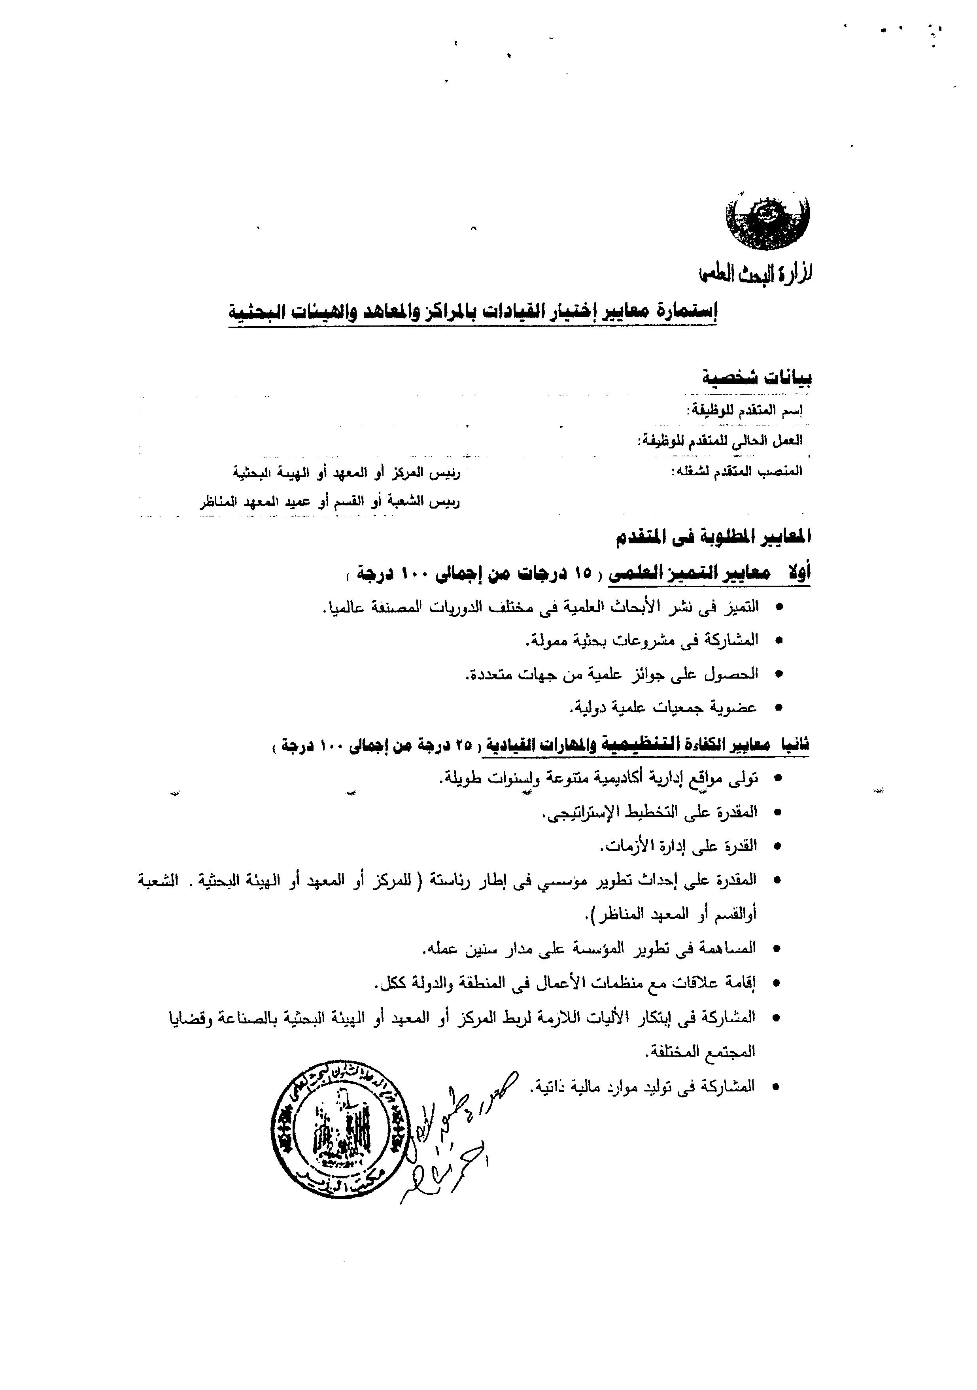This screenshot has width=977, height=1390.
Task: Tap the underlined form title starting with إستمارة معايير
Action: click(472, 311)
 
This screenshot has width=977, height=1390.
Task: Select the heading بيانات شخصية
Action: click(757, 378)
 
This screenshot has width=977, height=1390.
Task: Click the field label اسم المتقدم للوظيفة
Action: click(746, 410)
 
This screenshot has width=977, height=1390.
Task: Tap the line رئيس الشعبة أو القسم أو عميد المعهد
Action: click(330, 503)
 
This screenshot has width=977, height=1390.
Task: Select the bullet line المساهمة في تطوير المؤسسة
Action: click(590, 949)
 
